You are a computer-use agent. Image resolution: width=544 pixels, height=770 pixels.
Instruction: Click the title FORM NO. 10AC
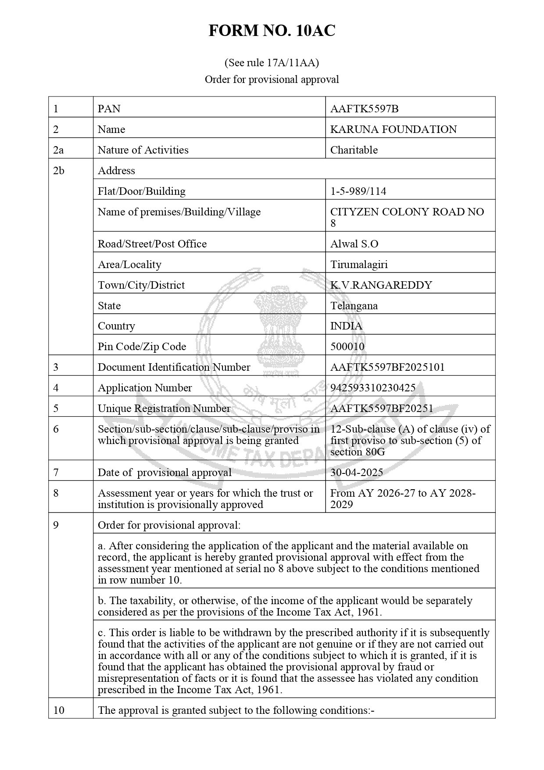[x=272, y=31]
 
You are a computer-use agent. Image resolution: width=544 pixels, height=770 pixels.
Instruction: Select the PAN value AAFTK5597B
[x=364, y=109]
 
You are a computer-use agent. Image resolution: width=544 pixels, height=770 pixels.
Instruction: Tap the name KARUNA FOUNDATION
[x=393, y=129]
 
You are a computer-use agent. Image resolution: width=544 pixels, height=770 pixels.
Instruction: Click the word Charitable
[x=354, y=150]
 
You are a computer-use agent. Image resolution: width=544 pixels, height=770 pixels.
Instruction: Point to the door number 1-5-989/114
[x=358, y=191]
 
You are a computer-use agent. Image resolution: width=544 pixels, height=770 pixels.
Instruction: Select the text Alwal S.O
[x=354, y=244]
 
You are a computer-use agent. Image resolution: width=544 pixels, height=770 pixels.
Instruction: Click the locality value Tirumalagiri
[x=359, y=265]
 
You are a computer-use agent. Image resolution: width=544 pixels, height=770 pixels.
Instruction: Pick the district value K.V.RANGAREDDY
[x=381, y=285]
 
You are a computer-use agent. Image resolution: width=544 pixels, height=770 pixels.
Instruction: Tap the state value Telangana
[x=354, y=306]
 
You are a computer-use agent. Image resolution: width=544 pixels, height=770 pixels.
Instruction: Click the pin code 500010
[x=347, y=347]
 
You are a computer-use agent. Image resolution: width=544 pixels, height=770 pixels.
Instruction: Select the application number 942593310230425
[x=373, y=388]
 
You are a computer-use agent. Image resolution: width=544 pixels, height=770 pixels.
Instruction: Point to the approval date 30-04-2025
[x=356, y=473]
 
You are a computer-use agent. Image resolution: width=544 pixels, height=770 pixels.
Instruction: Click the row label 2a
[x=58, y=150]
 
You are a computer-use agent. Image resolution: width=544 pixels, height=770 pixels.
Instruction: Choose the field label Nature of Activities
[x=143, y=150]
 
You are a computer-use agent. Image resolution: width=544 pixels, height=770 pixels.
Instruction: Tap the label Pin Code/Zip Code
[x=142, y=347]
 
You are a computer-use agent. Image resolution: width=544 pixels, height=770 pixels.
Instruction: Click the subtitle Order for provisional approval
[x=272, y=79]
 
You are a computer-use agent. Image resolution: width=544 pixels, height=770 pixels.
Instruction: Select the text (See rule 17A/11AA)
[x=272, y=63]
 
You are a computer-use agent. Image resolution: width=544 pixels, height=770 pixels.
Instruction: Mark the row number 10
[x=58, y=710]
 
